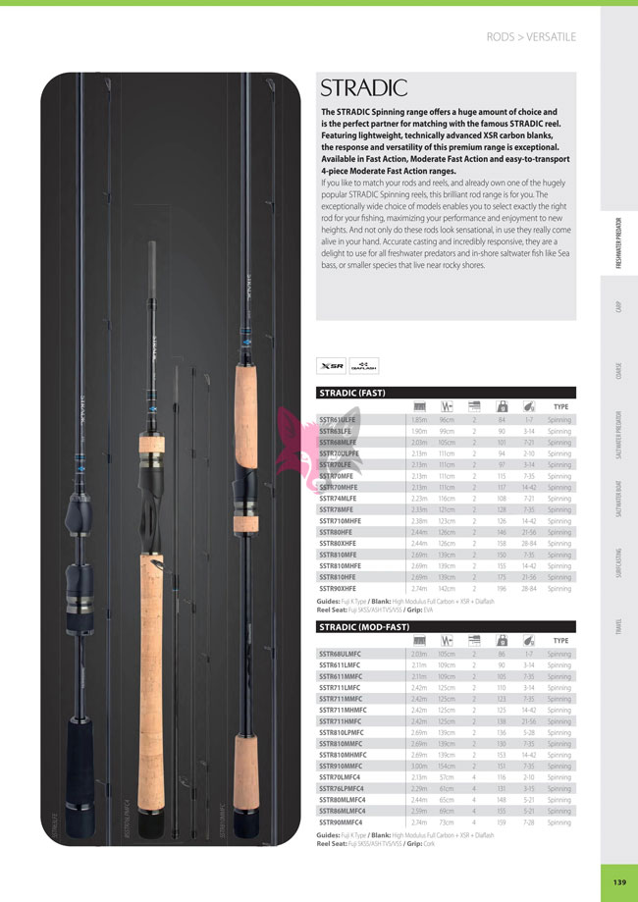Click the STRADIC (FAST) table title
352,393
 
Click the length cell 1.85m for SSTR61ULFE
419,419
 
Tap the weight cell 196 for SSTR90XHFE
502,589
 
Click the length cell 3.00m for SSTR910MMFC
419,766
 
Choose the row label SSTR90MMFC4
342,822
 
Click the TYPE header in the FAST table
560,406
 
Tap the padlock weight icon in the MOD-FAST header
502,640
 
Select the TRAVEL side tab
619,624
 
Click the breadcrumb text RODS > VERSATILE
531,37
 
